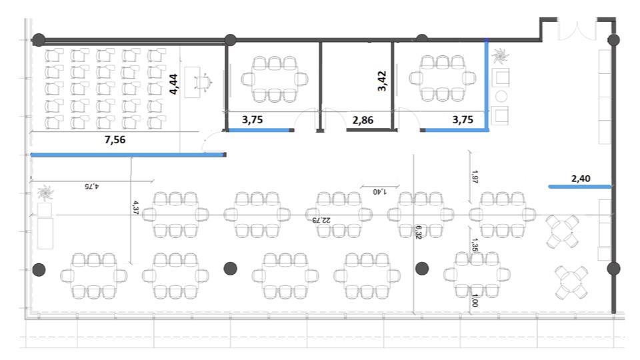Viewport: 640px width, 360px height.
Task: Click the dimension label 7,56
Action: point(115,139)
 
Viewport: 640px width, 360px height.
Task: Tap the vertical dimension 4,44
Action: point(173,84)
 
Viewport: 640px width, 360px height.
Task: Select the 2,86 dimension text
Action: point(363,120)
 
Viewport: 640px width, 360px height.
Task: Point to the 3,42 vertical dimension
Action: point(381,81)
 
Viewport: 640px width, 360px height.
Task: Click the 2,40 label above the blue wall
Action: point(581,179)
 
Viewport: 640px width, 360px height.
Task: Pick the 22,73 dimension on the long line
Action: point(321,219)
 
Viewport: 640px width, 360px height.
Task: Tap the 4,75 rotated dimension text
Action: point(92,186)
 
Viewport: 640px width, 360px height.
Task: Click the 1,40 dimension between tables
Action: point(380,191)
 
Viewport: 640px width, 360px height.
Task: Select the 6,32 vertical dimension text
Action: point(419,232)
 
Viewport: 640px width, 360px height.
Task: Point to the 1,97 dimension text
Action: point(474,177)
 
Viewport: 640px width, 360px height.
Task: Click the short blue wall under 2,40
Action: point(579,187)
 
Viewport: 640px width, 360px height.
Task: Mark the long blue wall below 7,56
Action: point(127,155)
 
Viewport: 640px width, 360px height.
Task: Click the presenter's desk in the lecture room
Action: point(192,83)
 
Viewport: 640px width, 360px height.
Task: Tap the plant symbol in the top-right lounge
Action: point(499,56)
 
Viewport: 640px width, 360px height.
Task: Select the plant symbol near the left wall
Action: point(45,193)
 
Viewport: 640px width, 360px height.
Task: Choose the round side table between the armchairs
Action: point(501,96)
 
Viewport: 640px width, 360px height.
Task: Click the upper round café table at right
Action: point(563,232)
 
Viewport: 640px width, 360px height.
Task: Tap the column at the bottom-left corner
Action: point(39,269)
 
